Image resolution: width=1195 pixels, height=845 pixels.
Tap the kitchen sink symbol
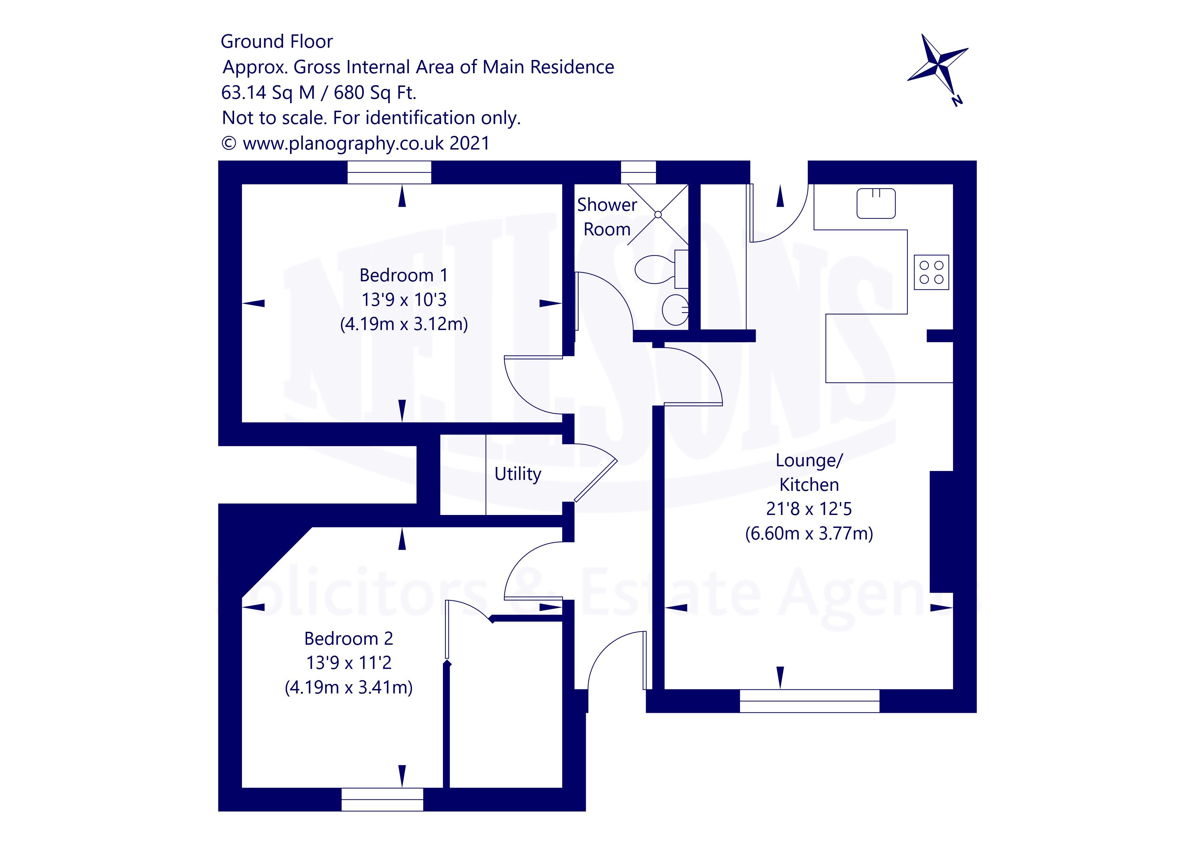point(876,203)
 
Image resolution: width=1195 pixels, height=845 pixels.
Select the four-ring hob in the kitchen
point(931,272)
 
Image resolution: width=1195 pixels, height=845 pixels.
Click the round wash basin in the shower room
point(675,310)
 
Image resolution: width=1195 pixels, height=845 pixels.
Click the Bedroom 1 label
point(403,275)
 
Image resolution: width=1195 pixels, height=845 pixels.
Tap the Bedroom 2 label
point(348,638)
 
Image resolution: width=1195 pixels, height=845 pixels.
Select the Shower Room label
point(607,217)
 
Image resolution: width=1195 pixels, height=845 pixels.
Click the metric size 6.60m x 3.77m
point(809,534)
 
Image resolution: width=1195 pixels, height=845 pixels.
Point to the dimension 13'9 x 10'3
point(403,300)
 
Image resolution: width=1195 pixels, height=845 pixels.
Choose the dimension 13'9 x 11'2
point(348,663)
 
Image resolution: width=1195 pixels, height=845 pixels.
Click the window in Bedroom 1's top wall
point(389,172)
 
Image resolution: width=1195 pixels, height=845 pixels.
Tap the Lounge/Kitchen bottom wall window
point(809,701)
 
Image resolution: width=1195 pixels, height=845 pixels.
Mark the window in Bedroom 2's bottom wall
point(382,799)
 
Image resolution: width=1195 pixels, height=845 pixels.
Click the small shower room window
point(638,172)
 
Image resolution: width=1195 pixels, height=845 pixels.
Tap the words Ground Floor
point(276,42)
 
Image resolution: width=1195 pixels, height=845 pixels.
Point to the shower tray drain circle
point(658,214)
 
